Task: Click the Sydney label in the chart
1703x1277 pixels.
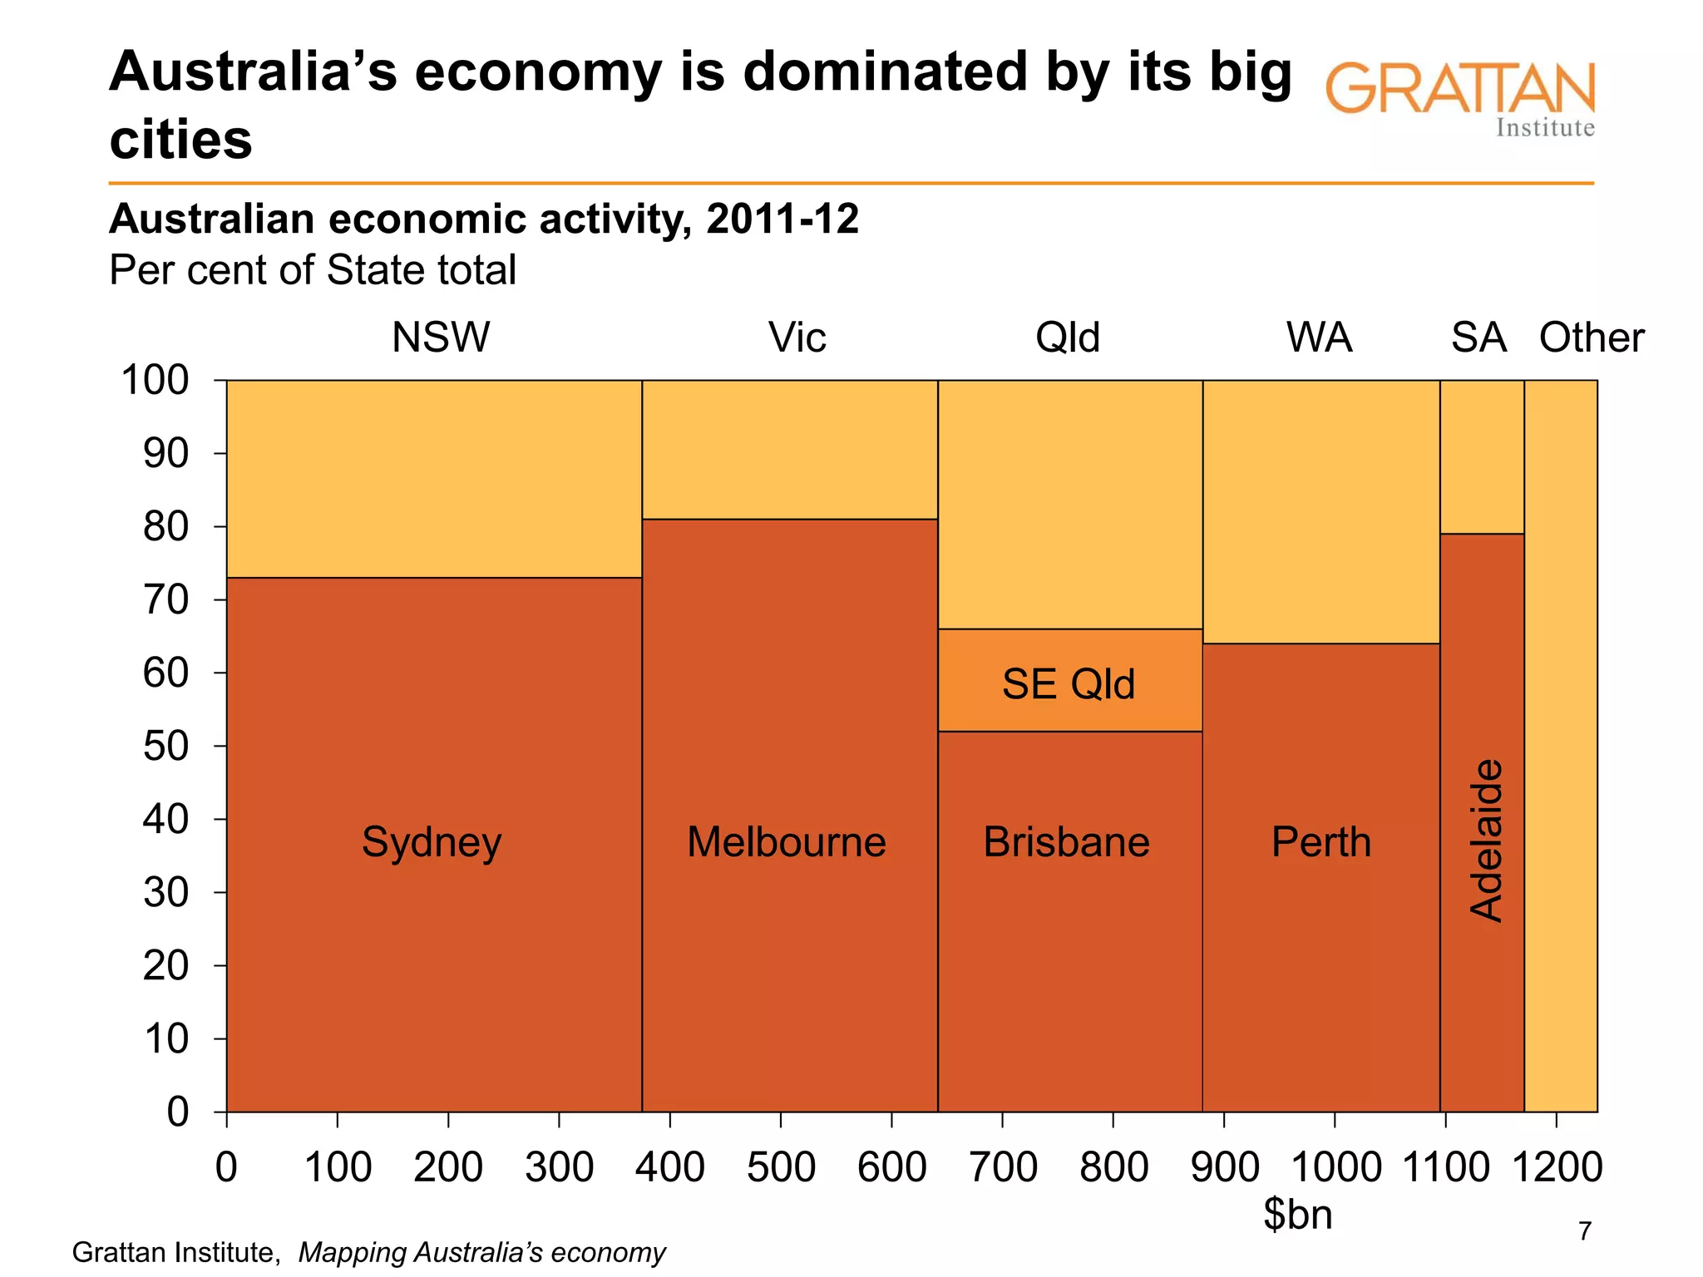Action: click(x=432, y=843)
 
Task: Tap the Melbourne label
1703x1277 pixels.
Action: click(x=786, y=842)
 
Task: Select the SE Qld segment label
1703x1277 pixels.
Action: click(x=1068, y=684)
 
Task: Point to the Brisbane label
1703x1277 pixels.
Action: click(x=1066, y=842)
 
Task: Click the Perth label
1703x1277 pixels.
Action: click(x=1320, y=842)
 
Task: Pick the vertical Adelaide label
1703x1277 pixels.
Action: click(x=1486, y=840)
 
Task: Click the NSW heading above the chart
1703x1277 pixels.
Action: click(x=441, y=338)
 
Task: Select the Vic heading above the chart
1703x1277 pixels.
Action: click(x=797, y=338)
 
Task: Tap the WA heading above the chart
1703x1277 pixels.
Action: click(x=1319, y=338)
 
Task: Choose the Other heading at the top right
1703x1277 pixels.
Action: click(x=1591, y=338)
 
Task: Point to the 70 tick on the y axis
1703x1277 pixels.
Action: click(x=166, y=600)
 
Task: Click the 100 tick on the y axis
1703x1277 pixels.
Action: click(x=155, y=381)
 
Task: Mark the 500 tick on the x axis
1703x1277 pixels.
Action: click(x=781, y=1167)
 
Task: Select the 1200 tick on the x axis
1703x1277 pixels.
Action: click(x=1556, y=1167)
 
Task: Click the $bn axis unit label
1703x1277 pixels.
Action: click(x=1297, y=1215)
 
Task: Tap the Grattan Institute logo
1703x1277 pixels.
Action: click(x=1460, y=98)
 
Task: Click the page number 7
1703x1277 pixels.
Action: click(x=1585, y=1230)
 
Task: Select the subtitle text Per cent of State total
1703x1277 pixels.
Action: click(x=313, y=270)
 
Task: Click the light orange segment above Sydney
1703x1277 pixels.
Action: click(x=434, y=479)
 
